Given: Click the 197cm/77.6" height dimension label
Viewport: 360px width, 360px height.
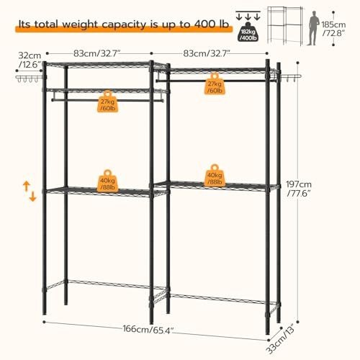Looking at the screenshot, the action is point(299,189).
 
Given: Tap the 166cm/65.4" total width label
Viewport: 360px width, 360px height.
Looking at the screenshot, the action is point(148,329).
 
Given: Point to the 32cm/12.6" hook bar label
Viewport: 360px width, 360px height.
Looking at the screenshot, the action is point(30,60).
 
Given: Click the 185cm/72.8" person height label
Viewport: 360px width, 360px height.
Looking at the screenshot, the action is point(333,29).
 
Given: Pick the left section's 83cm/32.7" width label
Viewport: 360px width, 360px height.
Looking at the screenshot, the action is point(96,53).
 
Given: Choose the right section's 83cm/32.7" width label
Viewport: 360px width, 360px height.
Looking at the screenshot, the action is point(207,53).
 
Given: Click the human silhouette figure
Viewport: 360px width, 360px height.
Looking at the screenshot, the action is point(313,28).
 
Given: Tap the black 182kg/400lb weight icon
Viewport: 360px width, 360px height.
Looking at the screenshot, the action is point(248,32).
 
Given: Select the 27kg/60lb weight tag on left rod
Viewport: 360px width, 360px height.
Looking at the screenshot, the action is point(108,102).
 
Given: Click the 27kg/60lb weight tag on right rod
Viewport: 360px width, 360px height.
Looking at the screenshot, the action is point(215,84).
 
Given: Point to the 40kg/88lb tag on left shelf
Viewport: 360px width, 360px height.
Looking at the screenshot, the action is point(107,181).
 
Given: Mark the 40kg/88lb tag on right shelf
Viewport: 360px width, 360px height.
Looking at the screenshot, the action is point(215,176).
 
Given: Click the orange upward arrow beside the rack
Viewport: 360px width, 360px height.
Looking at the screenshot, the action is point(26,186).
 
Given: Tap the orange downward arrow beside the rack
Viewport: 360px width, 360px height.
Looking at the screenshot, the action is point(32,196).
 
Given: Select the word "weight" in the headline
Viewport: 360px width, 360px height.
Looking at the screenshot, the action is point(80,25).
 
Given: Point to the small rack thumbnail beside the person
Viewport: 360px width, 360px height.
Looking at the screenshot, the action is point(285,25).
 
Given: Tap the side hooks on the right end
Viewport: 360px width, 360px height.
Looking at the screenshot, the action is point(291,77).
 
